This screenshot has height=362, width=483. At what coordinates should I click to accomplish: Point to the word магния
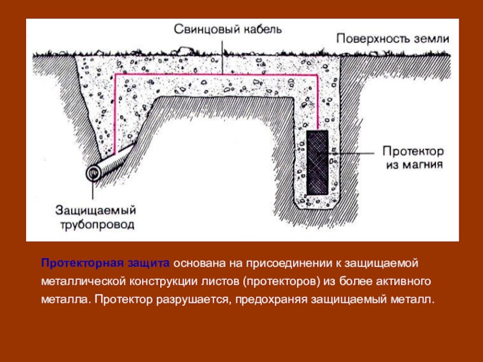(x=423, y=164)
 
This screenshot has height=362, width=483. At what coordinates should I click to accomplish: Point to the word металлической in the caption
(x=82, y=282)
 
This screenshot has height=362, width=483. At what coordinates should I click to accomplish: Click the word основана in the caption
(x=197, y=264)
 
